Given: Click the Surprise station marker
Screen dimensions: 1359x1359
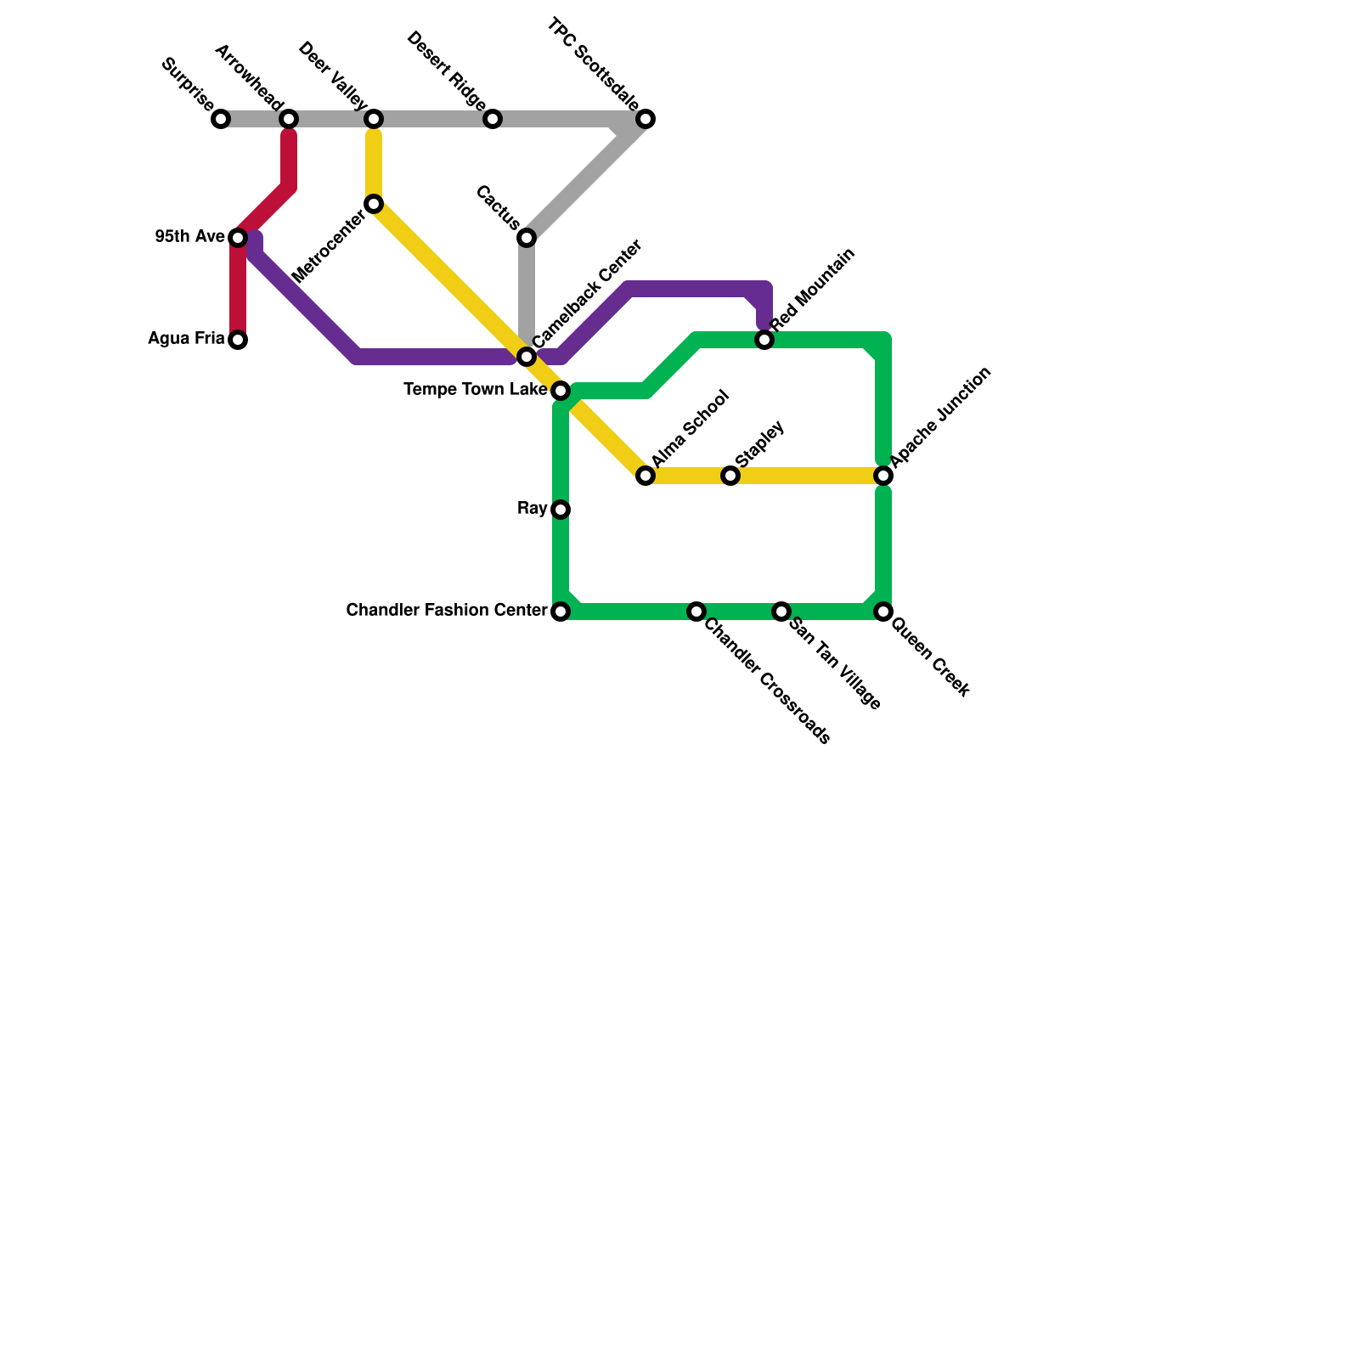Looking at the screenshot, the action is (x=221, y=119).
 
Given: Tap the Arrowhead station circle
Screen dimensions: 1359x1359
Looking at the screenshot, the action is (x=289, y=119).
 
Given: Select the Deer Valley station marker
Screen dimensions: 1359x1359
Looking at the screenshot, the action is (x=374, y=119).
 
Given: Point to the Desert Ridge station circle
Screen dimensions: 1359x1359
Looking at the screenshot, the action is (x=493, y=119).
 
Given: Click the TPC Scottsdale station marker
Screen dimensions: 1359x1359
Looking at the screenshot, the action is (x=646, y=119).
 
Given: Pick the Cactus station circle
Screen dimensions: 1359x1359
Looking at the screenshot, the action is (x=527, y=238).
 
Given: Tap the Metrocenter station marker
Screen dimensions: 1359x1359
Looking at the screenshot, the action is (x=374, y=204).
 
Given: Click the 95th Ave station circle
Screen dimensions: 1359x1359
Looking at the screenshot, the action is (x=238, y=238).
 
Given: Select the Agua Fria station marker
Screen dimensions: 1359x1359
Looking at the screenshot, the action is (x=238, y=340).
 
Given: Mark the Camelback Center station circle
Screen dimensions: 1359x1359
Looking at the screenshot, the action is (x=527, y=357).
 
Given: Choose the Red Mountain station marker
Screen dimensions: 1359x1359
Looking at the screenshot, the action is (x=764, y=340).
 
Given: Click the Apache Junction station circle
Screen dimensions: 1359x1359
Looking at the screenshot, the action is (x=883, y=476).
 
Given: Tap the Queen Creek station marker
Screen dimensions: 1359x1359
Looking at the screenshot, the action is (x=883, y=612).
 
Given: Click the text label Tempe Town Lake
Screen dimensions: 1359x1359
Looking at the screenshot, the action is (x=475, y=390).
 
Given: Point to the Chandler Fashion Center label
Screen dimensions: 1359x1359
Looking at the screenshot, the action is (x=446, y=611).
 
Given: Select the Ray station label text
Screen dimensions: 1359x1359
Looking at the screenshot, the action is (x=532, y=509).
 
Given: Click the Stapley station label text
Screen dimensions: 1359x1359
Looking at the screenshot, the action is (x=759, y=443).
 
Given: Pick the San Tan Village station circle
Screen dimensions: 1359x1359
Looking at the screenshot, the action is (x=781, y=612).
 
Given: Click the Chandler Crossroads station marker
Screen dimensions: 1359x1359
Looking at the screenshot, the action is (x=696, y=612).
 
